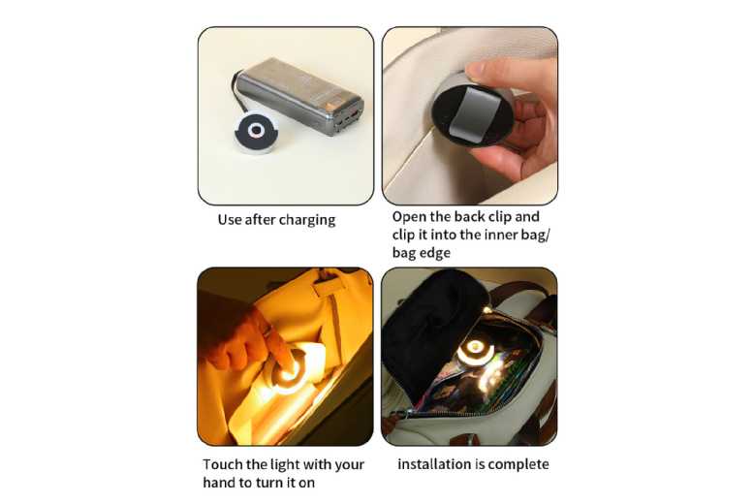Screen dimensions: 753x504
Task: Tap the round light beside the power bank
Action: tap(257, 132)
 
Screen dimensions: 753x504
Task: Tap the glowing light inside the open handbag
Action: tap(474, 351)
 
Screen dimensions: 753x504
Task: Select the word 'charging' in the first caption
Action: tap(307, 220)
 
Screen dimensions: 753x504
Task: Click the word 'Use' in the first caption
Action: tap(229, 220)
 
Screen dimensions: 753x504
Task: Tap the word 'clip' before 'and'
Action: tap(499, 217)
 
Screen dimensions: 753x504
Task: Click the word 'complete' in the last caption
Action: tap(518, 464)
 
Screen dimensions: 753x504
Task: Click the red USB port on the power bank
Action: tap(355, 115)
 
